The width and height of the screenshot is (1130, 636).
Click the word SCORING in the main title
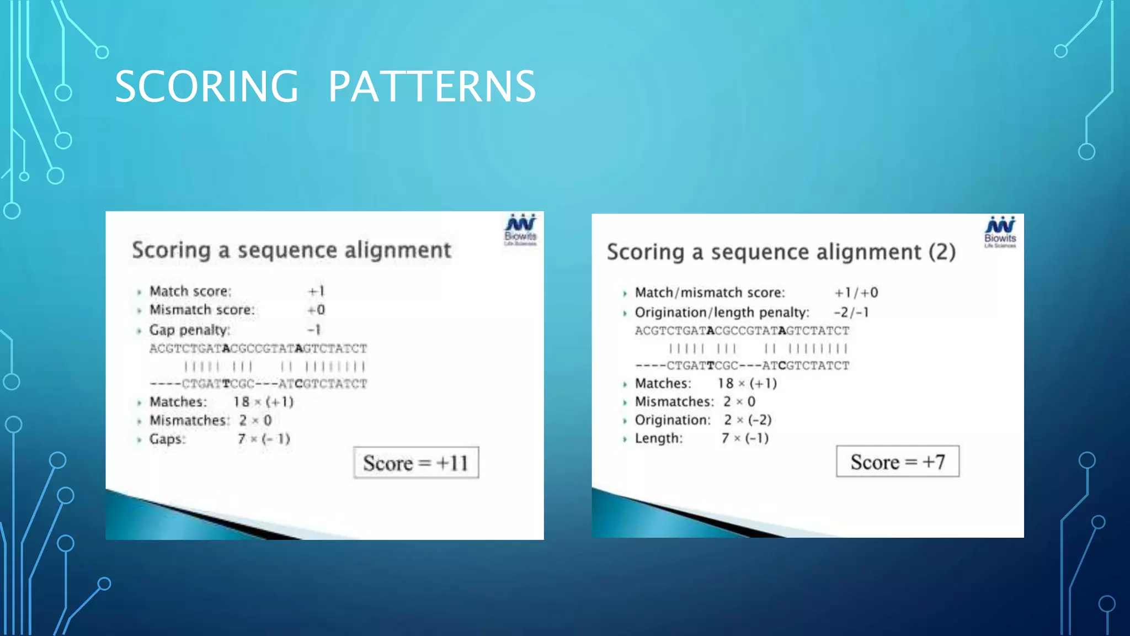pyautogui.click(x=206, y=87)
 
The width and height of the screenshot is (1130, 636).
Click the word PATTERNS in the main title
pyautogui.click(x=431, y=87)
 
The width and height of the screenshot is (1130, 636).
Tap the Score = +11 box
pyautogui.click(x=416, y=463)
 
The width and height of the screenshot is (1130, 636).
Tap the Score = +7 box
pyautogui.click(x=897, y=462)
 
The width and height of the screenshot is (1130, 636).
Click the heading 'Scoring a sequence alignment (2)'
pyautogui.click(x=781, y=252)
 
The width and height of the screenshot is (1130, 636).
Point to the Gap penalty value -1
pyautogui.click(x=314, y=330)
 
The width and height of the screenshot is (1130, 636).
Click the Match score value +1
pyautogui.click(x=316, y=291)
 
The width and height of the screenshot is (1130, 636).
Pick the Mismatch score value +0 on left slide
pyautogui.click(x=316, y=310)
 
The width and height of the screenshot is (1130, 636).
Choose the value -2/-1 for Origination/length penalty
pyautogui.click(x=851, y=312)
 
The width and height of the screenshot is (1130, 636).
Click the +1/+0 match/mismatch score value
pyautogui.click(x=856, y=293)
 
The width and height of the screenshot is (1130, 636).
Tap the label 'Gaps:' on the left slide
pyautogui.click(x=167, y=439)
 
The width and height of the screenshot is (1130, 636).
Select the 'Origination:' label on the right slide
pyautogui.click(x=673, y=420)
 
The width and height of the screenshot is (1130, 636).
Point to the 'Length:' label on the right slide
pyautogui.click(x=659, y=438)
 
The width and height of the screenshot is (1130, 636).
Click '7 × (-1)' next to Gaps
pyautogui.click(x=264, y=439)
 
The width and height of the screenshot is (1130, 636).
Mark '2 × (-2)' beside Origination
pyautogui.click(x=748, y=420)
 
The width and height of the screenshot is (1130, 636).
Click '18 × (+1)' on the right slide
pyautogui.click(x=747, y=383)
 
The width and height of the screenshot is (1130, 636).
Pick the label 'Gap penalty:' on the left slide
pyautogui.click(x=189, y=330)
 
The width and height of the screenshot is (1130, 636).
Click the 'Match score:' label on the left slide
pyautogui.click(x=190, y=291)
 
